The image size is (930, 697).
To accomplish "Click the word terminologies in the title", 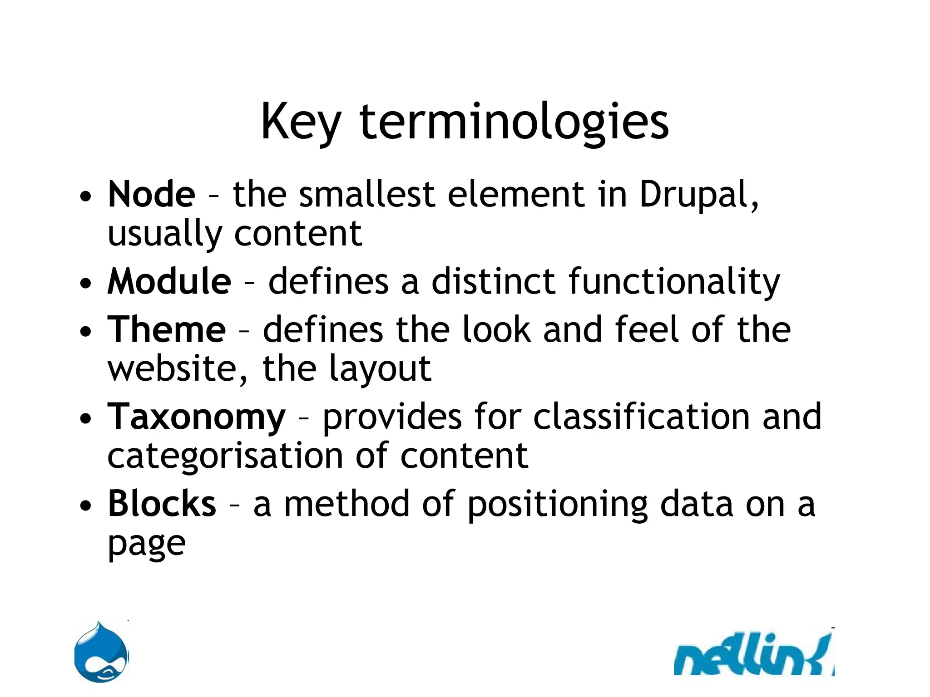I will pyautogui.click(x=514, y=123).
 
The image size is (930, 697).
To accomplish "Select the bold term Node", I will pyautogui.click(x=152, y=194).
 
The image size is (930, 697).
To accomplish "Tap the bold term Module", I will pyautogui.click(x=169, y=281).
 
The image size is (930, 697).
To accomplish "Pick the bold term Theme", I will pyautogui.click(x=167, y=329).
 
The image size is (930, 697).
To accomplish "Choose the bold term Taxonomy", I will pyautogui.click(x=197, y=417).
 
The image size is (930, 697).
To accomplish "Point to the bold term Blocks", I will pyautogui.click(x=162, y=504).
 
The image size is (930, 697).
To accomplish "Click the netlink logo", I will pyautogui.click(x=754, y=655).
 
